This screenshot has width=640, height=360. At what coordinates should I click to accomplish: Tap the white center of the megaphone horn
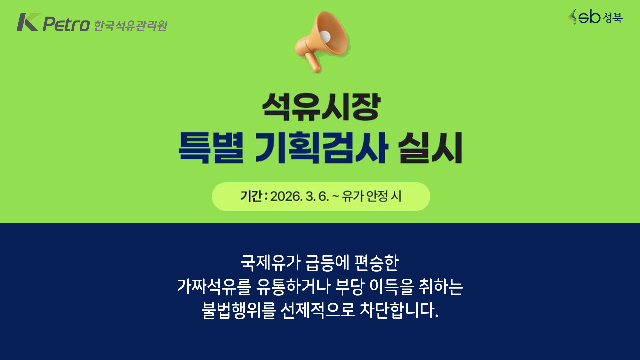[x=325, y=36]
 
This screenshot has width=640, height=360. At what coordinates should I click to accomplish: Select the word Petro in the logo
[x=66, y=24]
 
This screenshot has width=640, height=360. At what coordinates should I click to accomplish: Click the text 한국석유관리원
[x=131, y=26]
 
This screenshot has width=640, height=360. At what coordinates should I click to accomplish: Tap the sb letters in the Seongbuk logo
[x=589, y=17]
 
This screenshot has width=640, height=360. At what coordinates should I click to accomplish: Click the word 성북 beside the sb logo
[x=612, y=18]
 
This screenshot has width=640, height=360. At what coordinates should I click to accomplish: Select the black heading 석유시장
[x=321, y=107]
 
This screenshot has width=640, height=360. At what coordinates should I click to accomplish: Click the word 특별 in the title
[x=211, y=148]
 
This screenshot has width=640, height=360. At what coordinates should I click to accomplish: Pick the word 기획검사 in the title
[x=322, y=148]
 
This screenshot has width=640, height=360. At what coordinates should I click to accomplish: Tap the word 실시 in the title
[x=430, y=148]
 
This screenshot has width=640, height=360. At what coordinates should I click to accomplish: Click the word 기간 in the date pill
[x=251, y=196]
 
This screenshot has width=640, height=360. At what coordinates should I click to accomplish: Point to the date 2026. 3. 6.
[x=299, y=196]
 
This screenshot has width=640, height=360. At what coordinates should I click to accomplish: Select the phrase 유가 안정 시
[x=372, y=196]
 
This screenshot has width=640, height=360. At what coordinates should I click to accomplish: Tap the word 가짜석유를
[x=214, y=286]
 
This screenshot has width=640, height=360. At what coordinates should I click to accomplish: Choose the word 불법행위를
[x=239, y=310]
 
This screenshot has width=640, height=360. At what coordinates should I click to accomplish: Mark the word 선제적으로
[x=318, y=310]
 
